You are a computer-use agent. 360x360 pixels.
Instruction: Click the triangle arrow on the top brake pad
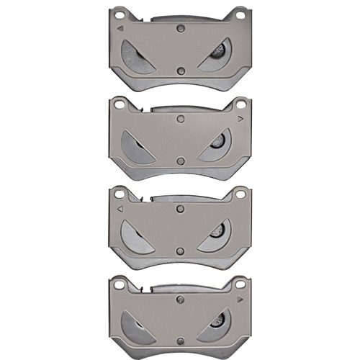120,28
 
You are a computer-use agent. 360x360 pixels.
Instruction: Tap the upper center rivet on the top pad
181,29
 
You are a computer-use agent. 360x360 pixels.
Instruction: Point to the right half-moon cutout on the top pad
216,55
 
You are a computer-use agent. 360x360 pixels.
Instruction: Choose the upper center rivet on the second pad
181,119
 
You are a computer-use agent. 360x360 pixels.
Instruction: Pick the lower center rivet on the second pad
181,161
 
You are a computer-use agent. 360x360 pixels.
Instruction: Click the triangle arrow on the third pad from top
120,208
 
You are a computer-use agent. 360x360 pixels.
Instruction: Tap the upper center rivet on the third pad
181,210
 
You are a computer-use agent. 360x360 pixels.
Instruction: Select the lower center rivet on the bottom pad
181,341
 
